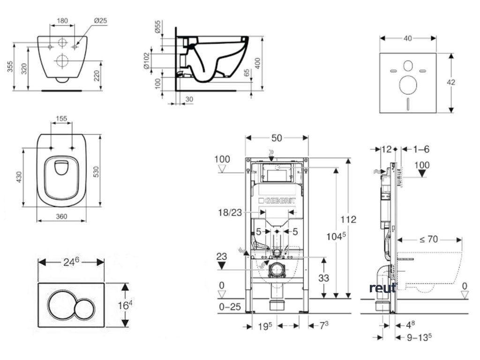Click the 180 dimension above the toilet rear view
coord(63,21)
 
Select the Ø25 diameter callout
coord(101,21)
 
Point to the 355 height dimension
coord(10,68)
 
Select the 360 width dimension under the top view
coord(62,217)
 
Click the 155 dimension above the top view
coord(61,119)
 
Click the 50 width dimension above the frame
coord(277,138)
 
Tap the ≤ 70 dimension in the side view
coord(428,240)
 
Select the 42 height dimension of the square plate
coord(451,82)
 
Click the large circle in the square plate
coord(407,85)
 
